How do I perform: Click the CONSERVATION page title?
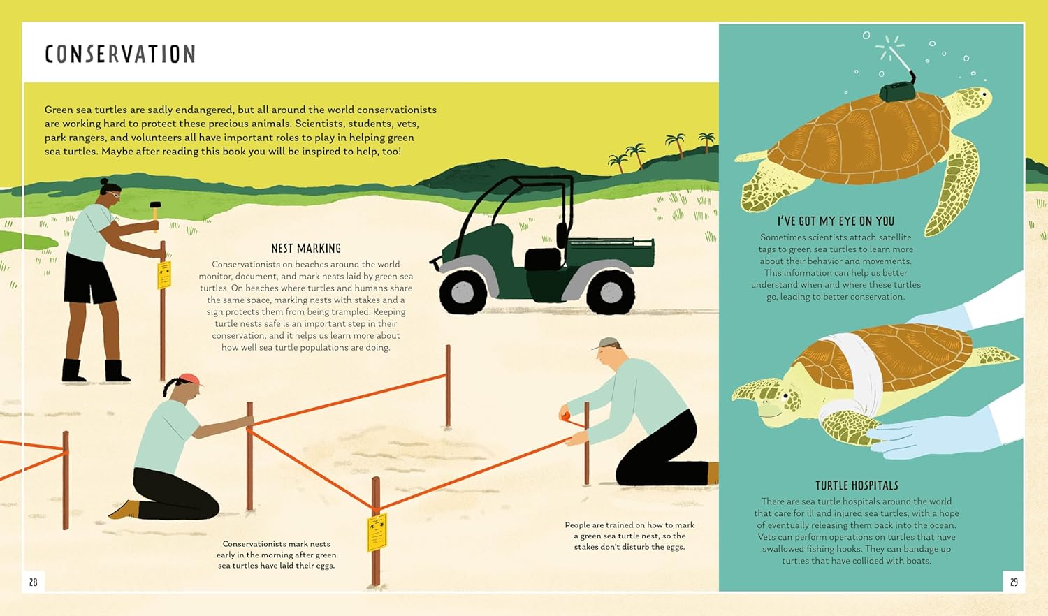pyautogui.click(x=120, y=54)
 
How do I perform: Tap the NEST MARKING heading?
pyautogui.click(x=306, y=248)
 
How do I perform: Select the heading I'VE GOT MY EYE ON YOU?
pyautogui.click(x=836, y=221)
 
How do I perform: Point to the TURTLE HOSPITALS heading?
pyautogui.click(x=857, y=485)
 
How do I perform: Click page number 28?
pyautogui.click(x=33, y=581)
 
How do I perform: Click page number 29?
pyautogui.click(x=1014, y=581)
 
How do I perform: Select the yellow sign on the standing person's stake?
pyautogui.click(x=164, y=274)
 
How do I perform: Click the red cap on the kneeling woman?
pyautogui.click(x=189, y=379)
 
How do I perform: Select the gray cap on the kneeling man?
pyautogui.click(x=607, y=343)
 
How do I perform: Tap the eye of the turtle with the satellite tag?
pyautogui.click(x=984, y=94)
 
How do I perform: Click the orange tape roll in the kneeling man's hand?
pyautogui.click(x=565, y=417)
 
